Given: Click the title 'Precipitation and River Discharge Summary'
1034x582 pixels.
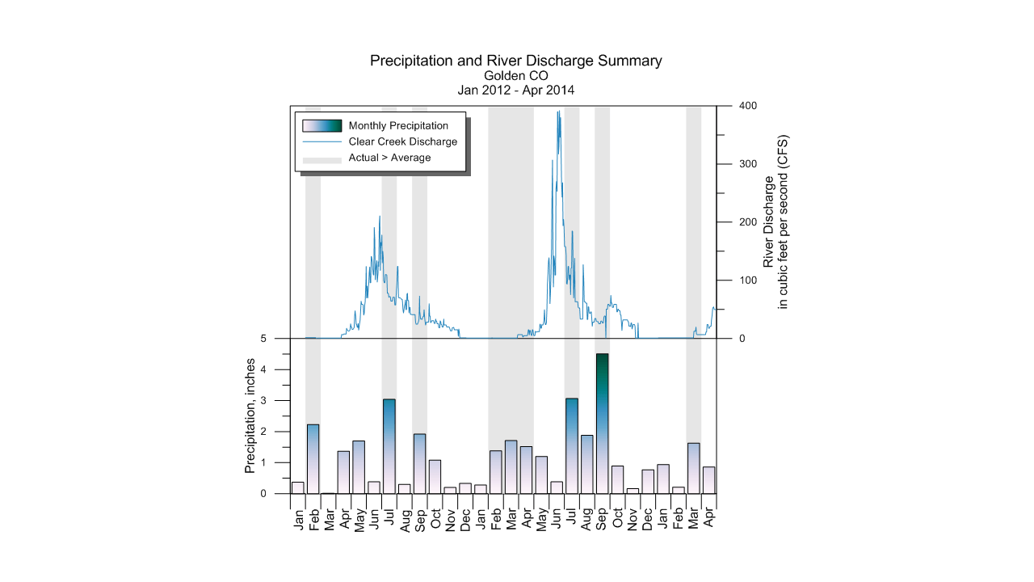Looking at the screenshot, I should [515, 61].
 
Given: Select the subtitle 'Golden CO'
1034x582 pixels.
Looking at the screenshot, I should [515, 76].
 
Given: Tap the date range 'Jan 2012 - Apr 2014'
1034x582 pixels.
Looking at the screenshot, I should [515, 91].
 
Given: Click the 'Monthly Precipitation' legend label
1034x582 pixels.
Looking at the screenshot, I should [398, 125].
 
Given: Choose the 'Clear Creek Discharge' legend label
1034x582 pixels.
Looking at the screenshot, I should [403, 141].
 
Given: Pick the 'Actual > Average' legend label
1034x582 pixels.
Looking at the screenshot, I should [389, 158].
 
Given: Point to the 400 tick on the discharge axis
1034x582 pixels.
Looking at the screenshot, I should [748, 106].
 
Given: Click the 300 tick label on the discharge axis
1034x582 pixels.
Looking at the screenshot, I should [748, 164].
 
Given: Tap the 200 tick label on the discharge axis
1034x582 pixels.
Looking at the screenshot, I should [748, 222].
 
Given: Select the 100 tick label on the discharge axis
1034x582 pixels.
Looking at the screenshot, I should [748, 280].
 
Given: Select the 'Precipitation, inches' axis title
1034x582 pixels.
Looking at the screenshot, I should [250, 415].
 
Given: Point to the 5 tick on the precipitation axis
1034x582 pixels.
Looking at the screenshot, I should [275, 339].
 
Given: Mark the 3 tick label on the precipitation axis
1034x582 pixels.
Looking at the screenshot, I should [275, 401].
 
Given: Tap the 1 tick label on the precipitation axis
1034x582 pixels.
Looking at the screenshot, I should [275, 462].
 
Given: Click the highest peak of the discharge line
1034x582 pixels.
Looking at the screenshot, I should [558, 112].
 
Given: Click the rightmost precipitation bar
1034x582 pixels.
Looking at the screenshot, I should [708, 480].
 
